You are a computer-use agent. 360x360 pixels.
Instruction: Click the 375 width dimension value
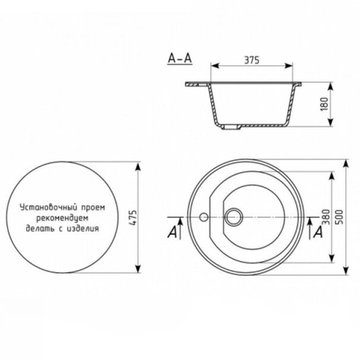pos(250,60)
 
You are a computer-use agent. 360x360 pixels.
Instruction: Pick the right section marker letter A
pos(318,232)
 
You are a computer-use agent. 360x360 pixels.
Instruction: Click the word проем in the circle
pos(93,208)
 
